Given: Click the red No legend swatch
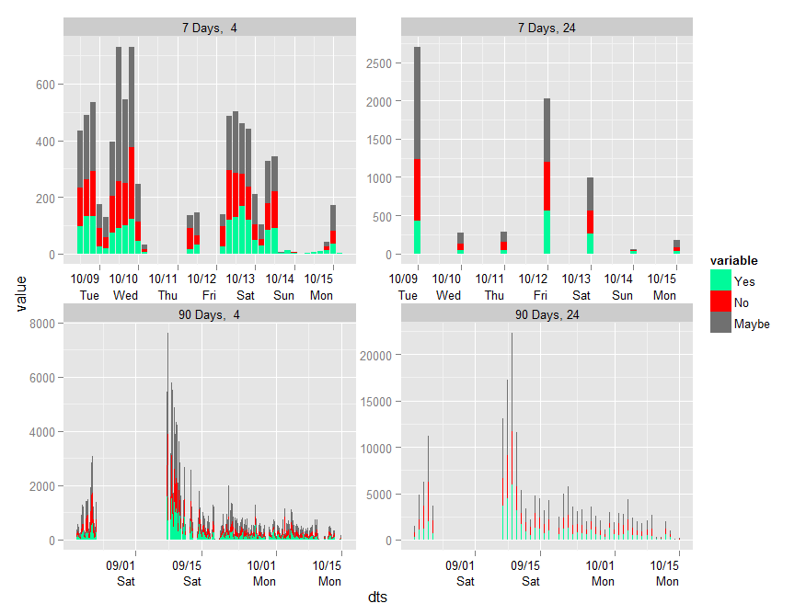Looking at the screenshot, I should (x=720, y=302).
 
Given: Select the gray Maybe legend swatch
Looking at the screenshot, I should (x=720, y=324).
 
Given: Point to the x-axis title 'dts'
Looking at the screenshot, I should (x=377, y=598).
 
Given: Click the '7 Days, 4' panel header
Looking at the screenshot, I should (x=209, y=28).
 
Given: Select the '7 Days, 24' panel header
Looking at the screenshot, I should (x=547, y=28).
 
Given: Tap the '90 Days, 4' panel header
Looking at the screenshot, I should (x=209, y=314).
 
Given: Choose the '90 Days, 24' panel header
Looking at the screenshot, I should (x=547, y=314).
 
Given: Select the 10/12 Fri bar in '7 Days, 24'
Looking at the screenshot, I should (x=547, y=176).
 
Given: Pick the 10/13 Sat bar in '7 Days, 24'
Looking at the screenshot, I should (x=590, y=215).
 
